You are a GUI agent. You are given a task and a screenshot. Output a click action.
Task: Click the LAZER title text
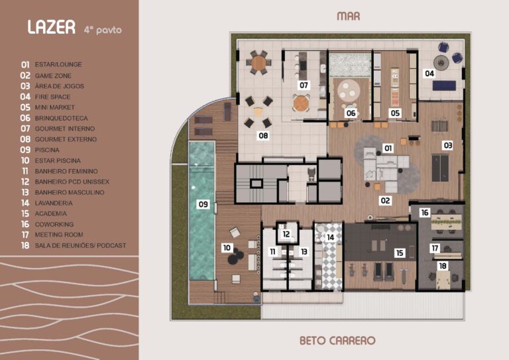(x=50, y=27)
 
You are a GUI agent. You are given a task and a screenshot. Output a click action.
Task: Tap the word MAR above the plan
(x=349, y=16)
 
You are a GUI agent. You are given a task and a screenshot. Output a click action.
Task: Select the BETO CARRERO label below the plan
(x=337, y=341)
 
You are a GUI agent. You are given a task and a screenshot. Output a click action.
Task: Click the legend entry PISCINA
(x=48, y=150)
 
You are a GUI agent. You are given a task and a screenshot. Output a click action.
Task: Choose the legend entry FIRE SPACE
(x=52, y=97)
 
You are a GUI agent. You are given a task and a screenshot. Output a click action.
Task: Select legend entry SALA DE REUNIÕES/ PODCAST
(x=80, y=245)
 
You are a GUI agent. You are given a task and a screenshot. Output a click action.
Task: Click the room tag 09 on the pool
(x=203, y=205)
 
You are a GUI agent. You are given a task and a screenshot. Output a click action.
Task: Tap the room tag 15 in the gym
(x=399, y=253)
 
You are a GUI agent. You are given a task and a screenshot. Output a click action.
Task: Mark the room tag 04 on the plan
(x=429, y=74)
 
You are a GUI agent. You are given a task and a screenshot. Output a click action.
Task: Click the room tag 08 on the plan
(x=264, y=136)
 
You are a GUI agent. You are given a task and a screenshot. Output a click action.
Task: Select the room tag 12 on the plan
(x=286, y=234)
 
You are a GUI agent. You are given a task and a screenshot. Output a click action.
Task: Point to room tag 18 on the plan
(x=442, y=265)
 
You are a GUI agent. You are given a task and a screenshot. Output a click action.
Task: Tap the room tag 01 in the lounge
(x=388, y=148)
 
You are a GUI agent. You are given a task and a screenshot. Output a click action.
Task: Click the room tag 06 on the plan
(x=351, y=113)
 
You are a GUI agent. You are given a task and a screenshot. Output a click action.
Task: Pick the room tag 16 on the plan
(x=425, y=213)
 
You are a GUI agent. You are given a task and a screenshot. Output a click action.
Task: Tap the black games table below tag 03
(x=440, y=167)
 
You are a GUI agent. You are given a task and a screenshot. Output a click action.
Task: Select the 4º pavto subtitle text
(x=103, y=30)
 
